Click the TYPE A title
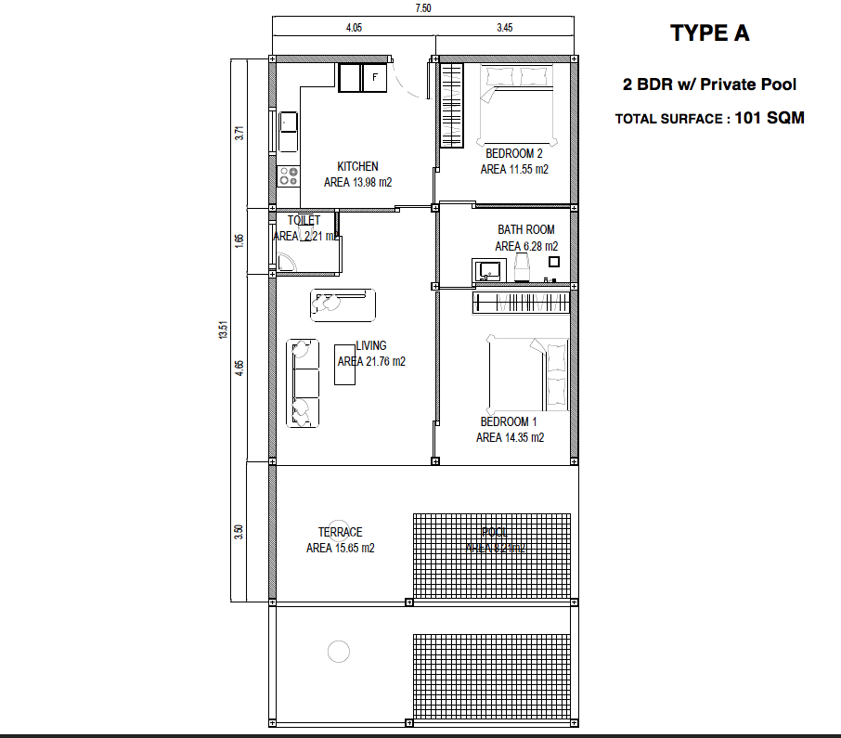pyautogui.click(x=709, y=34)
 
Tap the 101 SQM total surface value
pyautogui.click(x=769, y=118)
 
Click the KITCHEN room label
pyautogui.click(x=357, y=166)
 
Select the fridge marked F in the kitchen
pyautogui.click(x=374, y=77)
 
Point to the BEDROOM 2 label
pyautogui.click(x=514, y=153)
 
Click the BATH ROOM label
pyautogui.click(x=526, y=229)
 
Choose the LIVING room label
pyautogui.click(x=371, y=346)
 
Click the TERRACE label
pyautogui.click(x=340, y=532)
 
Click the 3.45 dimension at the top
pyautogui.click(x=504, y=29)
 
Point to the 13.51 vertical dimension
pyautogui.click(x=223, y=330)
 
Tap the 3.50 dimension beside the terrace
pyautogui.click(x=239, y=532)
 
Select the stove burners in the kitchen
pyautogui.click(x=288, y=174)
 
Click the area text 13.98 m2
pyautogui.click(x=357, y=183)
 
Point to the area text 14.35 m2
pyautogui.click(x=510, y=437)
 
